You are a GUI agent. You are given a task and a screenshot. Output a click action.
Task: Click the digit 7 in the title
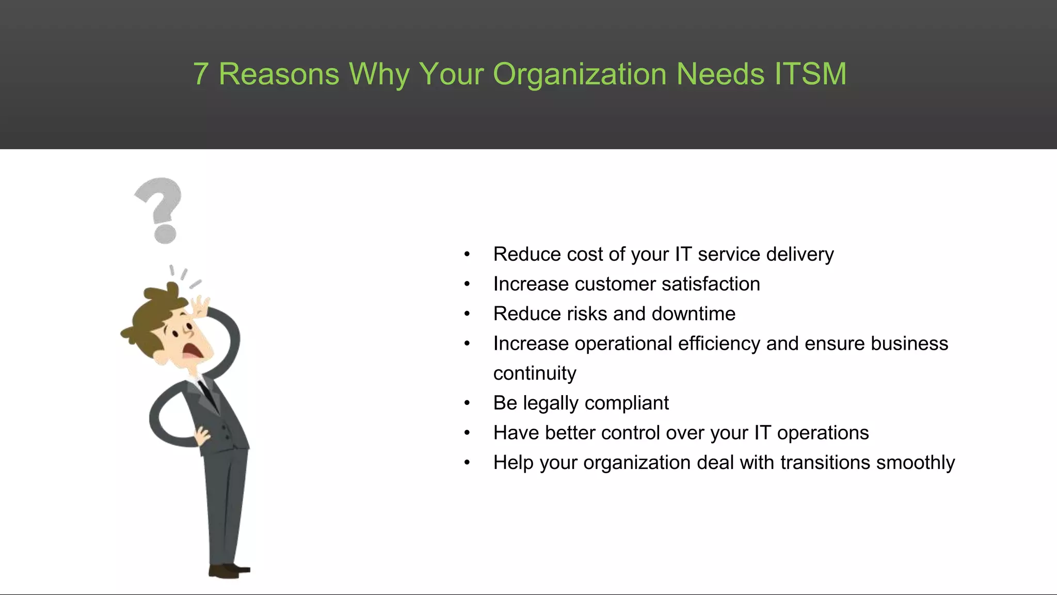click(201, 74)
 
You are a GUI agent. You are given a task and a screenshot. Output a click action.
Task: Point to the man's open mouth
click(191, 351)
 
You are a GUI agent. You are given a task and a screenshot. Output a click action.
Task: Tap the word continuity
click(535, 373)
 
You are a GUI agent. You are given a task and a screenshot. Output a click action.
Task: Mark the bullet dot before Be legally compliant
click(467, 403)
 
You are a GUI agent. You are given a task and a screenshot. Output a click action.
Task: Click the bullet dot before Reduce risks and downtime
click(467, 314)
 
